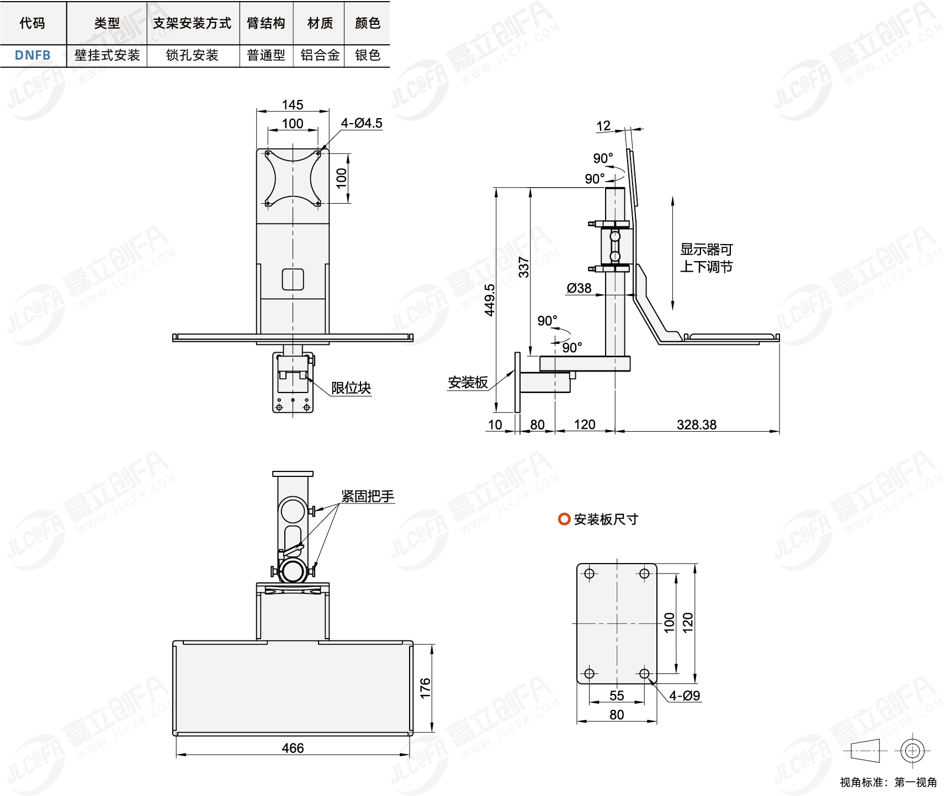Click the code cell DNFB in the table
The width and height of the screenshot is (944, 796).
click(x=33, y=55)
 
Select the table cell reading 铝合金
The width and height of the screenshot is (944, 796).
click(x=320, y=55)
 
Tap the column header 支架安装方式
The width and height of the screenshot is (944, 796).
click(x=192, y=23)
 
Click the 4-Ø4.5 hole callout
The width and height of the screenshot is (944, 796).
click(x=362, y=123)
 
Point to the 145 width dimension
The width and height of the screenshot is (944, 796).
click(x=293, y=105)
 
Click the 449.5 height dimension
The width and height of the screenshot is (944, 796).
click(x=490, y=300)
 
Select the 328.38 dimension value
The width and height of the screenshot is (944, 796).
click(x=697, y=424)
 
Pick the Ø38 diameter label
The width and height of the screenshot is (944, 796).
click(x=579, y=288)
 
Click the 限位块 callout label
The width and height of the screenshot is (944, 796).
click(x=351, y=388)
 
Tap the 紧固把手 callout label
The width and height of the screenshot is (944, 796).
click(x=368, y=496)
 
